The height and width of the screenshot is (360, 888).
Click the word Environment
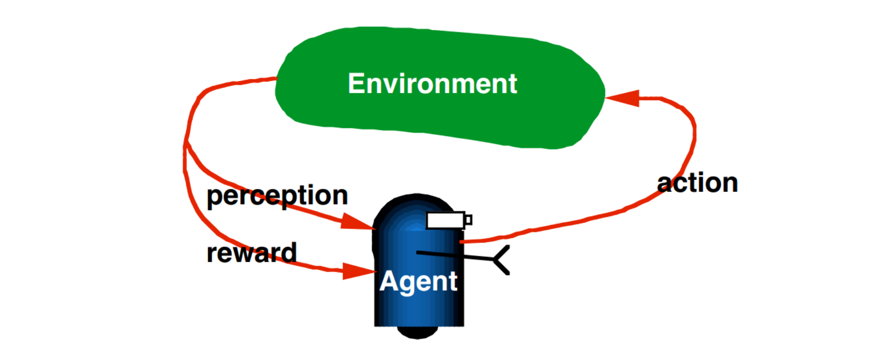tap(432, 84)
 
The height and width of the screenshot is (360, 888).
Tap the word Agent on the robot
tap(419, 281)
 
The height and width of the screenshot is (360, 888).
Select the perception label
tap(277, 196)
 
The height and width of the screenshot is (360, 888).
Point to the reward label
tap(251, 253)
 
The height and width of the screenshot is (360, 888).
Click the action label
tap(697, 183)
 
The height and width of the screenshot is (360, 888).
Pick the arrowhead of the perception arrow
tap(357, 223)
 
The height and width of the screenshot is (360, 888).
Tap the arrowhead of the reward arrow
tap(358, 271)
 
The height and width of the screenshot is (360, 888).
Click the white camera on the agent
tap(445, 220)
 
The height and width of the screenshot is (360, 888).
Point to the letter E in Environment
tap(356, 84)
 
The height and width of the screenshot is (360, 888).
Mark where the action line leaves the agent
tap(462, 241)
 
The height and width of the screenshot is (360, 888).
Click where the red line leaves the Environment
tap(276, 78)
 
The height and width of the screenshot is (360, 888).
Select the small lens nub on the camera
tap(468, 220)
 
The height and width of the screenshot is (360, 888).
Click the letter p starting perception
tap(214, 197)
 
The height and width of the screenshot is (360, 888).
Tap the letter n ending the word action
tap(729, 184)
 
